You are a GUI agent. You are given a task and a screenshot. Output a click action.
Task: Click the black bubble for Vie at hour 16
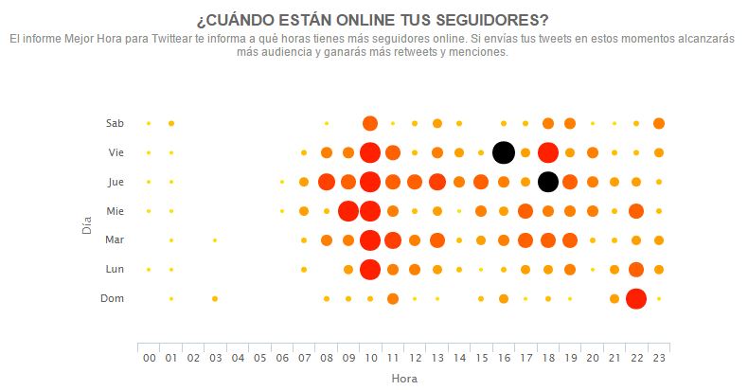[504, 152]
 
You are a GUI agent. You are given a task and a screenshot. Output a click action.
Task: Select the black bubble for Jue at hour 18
[547, 182]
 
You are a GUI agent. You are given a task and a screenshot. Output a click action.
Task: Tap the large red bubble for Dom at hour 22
[636, 298]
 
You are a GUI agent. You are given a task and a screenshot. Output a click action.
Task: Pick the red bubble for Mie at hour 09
[347, 211]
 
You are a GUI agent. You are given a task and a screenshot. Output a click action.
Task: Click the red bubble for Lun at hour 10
[370, 270]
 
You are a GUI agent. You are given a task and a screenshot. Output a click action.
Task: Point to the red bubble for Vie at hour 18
[547, 152]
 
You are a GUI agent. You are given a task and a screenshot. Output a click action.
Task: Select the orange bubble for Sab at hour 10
[370, 123]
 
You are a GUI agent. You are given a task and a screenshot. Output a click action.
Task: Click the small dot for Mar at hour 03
[215, 240]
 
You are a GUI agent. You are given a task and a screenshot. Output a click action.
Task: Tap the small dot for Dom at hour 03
[215, 298]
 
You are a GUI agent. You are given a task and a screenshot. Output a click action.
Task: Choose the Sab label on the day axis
[115, 123]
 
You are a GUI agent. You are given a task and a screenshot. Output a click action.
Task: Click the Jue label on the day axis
[115, 182]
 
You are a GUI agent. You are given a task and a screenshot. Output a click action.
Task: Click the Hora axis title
[403, 378]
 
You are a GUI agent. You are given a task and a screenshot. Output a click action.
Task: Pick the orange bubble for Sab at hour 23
[659, 123]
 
